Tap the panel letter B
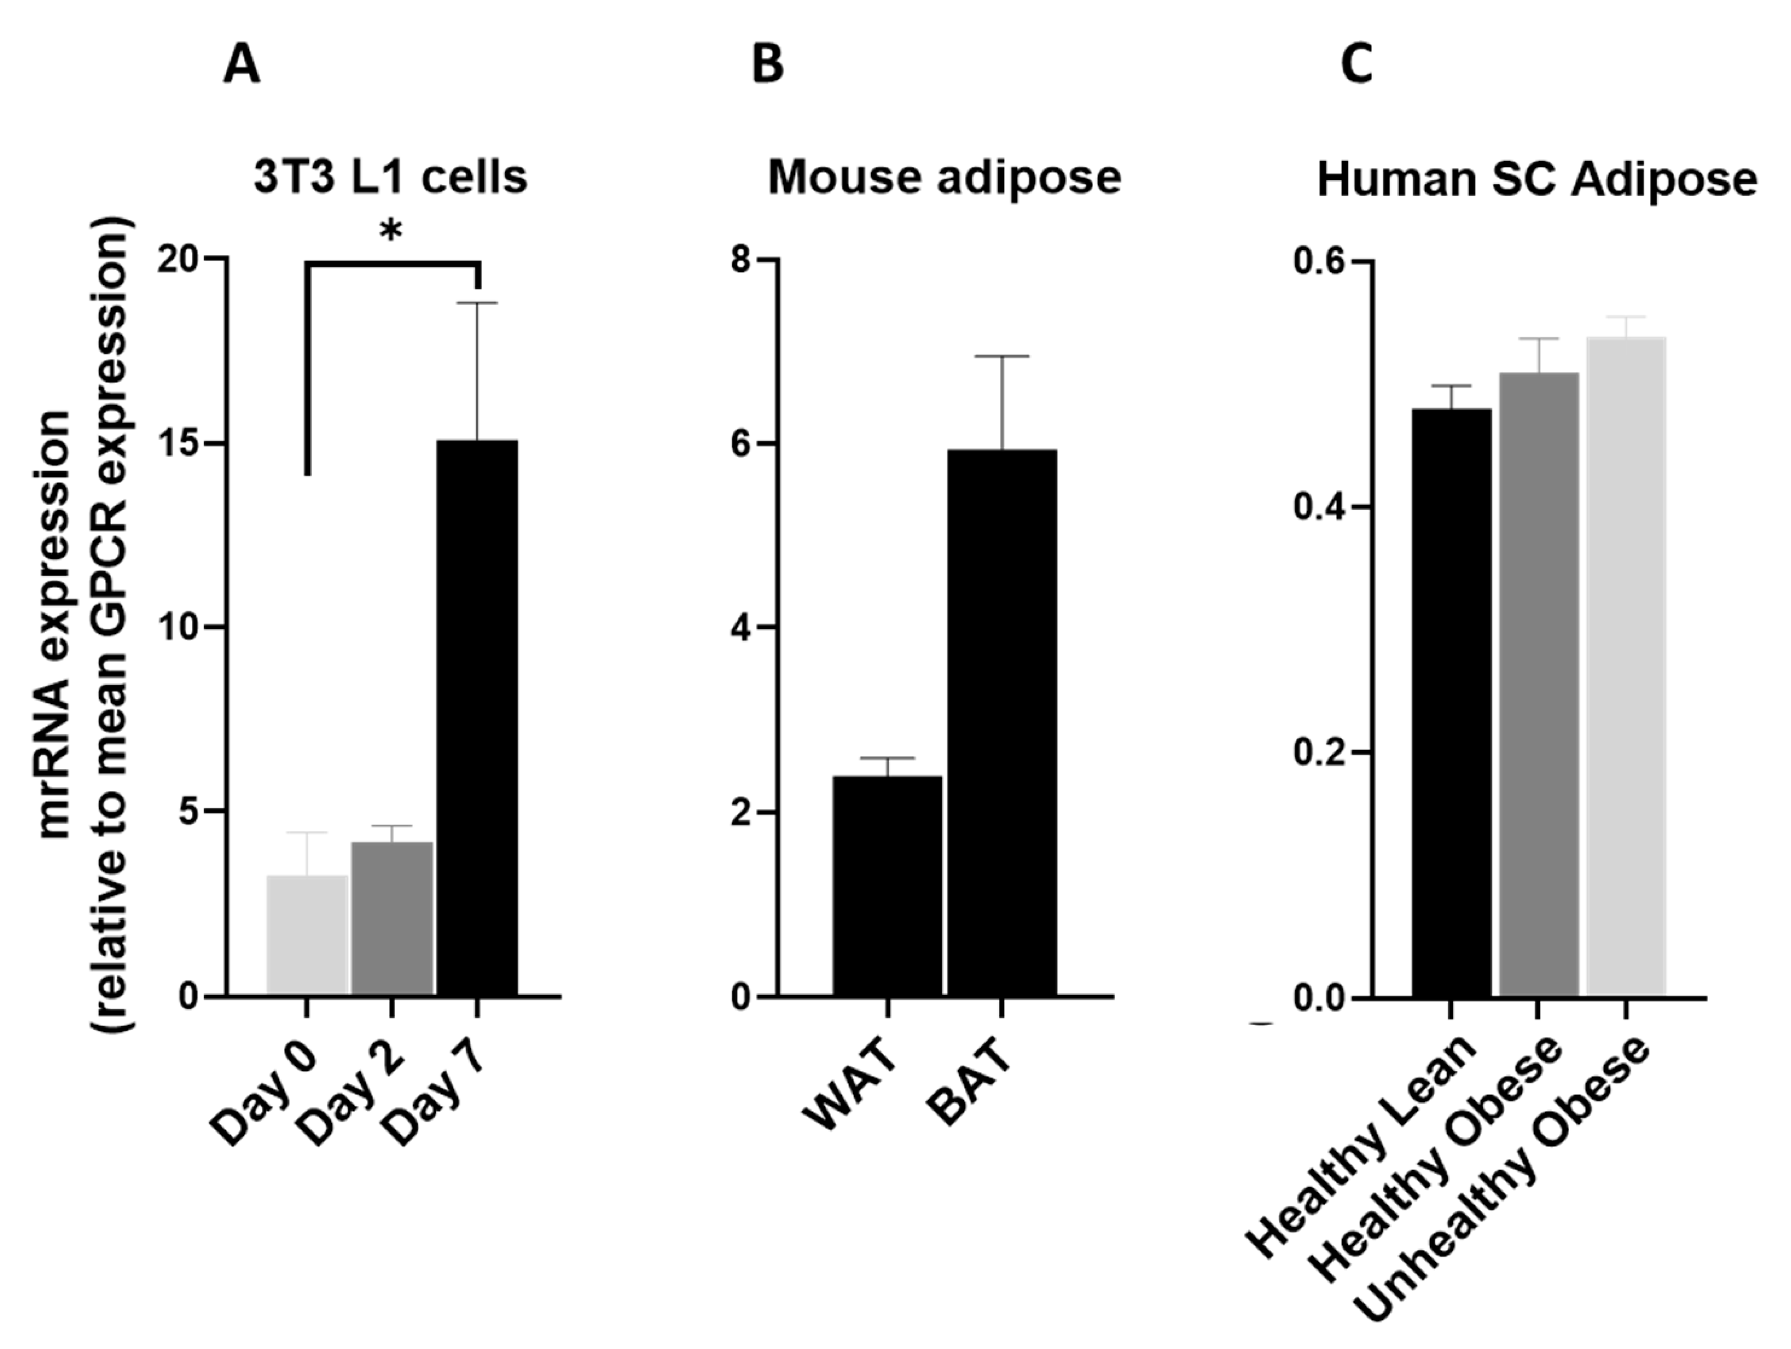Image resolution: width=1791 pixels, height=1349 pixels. (768, 65)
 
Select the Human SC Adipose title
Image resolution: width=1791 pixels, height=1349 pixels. (1537, 180)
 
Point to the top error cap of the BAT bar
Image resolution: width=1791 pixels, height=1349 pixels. (1002, 356)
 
